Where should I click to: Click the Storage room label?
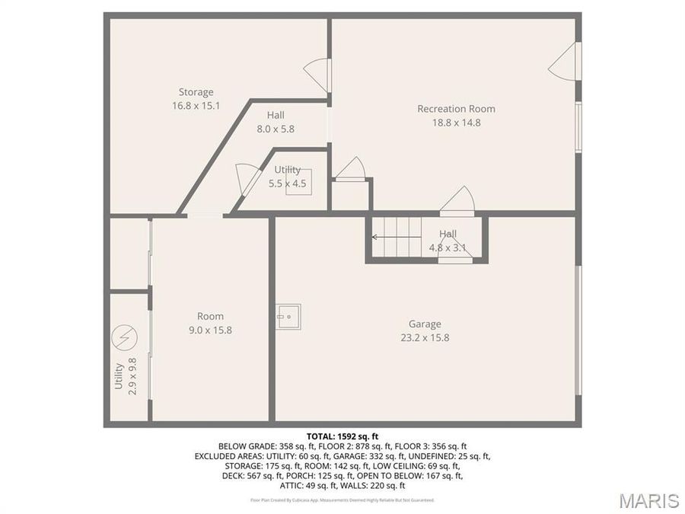pos(196,93)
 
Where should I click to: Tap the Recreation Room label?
pos(456,109)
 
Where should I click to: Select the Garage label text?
pos(425,324)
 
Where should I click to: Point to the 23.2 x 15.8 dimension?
pos(425,337)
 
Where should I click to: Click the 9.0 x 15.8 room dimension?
pos(210,330)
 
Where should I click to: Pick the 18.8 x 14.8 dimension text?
pos(456,122)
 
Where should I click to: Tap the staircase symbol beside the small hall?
pos(397,237)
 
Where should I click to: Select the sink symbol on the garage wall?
pos(288,316)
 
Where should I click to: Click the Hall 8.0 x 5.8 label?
pos(276,122)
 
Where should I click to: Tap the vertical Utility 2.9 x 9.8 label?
pos(125,375)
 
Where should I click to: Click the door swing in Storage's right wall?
pos(317,74)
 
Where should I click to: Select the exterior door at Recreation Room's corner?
pos(565,61)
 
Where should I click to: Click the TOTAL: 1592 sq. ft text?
pos(342,436)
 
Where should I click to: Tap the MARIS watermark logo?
pos(648,500)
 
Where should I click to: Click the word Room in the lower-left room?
pos(210,317)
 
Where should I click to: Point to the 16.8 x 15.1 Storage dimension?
pos(196,106)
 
